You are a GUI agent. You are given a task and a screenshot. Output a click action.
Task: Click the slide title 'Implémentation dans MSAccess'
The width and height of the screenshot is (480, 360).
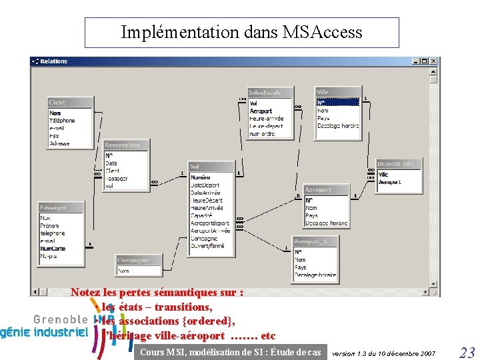point(241,32)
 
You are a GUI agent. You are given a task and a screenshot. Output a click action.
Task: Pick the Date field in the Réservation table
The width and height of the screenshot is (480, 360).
point(111,163)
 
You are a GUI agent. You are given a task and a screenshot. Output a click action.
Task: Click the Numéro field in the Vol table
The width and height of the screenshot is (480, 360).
point(200,177)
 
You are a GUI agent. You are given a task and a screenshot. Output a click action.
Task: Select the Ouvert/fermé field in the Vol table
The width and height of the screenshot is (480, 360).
point(207,246)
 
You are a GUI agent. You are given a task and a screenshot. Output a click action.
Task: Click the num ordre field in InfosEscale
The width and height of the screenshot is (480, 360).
point(263,134)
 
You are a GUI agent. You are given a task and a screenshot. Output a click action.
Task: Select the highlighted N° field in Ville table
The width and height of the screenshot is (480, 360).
point(337,103)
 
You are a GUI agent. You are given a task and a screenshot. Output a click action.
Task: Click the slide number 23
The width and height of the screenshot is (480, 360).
point(467,353)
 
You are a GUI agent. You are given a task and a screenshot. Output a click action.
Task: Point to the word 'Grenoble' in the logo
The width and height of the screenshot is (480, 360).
point(61,319)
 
